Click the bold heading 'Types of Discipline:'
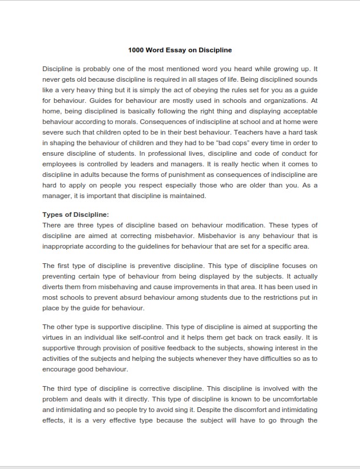coord(76,215)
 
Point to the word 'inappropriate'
coord(65,246)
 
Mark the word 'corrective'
coord(162,388)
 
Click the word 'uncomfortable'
coord(292,399)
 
